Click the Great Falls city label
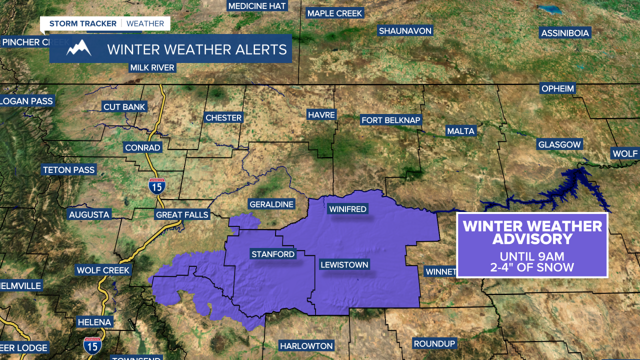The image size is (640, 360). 182,215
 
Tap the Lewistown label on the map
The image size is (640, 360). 344,265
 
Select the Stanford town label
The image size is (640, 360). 273,254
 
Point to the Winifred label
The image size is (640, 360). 347,209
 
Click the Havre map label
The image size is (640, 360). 321,115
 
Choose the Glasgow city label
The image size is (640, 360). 559,144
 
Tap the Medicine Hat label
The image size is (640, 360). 257,6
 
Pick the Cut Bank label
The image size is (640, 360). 124,107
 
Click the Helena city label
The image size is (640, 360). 94,322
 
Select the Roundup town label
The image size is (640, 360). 434,344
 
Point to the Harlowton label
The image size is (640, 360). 306,346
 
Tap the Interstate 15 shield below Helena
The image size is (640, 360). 92,344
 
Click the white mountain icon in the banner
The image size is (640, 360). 79,48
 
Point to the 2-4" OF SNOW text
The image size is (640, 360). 532,267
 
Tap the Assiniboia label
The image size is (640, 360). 565,33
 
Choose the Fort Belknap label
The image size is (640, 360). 391,120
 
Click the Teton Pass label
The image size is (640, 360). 68,170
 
